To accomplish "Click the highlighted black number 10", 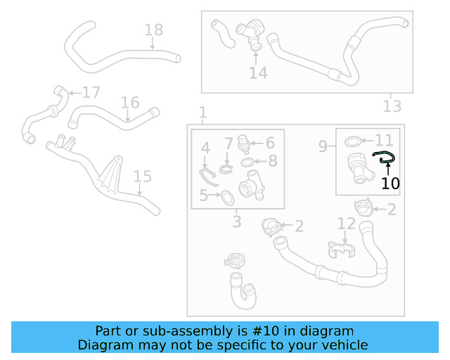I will point(390,184).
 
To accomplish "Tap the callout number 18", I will point(153,30).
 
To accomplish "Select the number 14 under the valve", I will point(258,72).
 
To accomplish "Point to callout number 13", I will point(392,106).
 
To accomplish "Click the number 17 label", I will point(91,93).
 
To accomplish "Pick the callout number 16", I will point(130,103).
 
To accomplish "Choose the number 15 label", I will point(142,176).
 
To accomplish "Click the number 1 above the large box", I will point(202,112).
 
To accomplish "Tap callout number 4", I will point(205,148).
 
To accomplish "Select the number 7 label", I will point(229,143).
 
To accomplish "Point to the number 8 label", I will point(272,161).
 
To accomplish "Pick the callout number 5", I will point(204,195).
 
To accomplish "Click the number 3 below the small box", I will point(237,222).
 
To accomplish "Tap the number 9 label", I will point(323,146).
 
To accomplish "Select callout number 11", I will point(384,140).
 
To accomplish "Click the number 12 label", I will point(346,224).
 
